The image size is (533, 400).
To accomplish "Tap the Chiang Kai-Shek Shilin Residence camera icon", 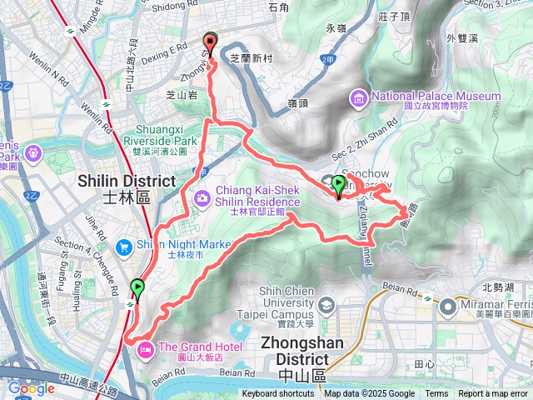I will (x=202, y=197).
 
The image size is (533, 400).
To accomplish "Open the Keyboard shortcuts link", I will (x=279, y=394).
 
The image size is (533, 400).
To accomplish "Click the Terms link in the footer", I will (x=436, y=394).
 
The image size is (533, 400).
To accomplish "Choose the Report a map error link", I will (x=494, y=394).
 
